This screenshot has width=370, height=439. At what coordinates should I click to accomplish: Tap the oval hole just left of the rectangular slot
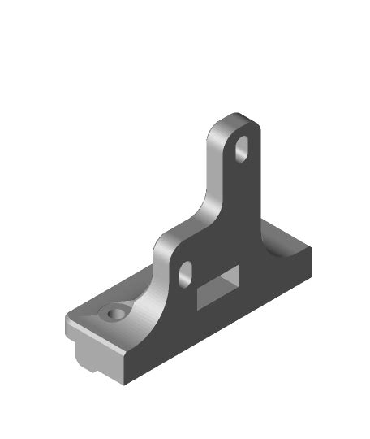point(185,272)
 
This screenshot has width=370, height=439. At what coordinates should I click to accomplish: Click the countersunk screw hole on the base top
point(112,313)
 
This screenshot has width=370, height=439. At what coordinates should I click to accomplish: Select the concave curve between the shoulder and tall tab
point(204,195)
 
